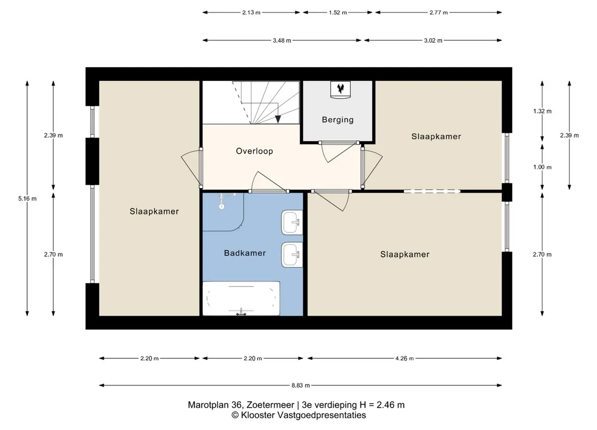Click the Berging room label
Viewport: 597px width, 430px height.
tap(338, 120)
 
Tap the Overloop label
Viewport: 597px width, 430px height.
tap(254, 151)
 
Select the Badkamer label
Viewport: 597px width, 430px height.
tap(245, 253)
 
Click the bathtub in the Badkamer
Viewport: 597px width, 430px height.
tap(241, 298)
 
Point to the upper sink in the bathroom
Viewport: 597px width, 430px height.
tap(292, 222)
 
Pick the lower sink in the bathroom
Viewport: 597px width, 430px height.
tap(292, 255)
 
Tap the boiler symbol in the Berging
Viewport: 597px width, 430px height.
tap(340, 90)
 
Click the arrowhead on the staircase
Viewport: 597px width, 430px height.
tap(278, 119)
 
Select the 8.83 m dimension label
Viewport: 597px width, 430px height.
tap(300, 386)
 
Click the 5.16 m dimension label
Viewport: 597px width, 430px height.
tap(28, 199)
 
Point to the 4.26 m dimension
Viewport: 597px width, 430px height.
tap(405, 359)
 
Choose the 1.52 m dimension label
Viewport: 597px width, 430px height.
tap(338, 13)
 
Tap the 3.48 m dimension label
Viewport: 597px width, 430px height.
tap(282, 40)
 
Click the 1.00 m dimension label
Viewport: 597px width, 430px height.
tap(542, 167)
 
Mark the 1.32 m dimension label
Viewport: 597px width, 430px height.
tap(542, 111)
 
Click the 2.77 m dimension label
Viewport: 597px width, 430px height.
tap(438, 13)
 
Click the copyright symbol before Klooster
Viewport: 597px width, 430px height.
tap(235, 415)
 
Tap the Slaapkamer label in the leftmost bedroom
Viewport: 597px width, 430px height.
tap(154, 212)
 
